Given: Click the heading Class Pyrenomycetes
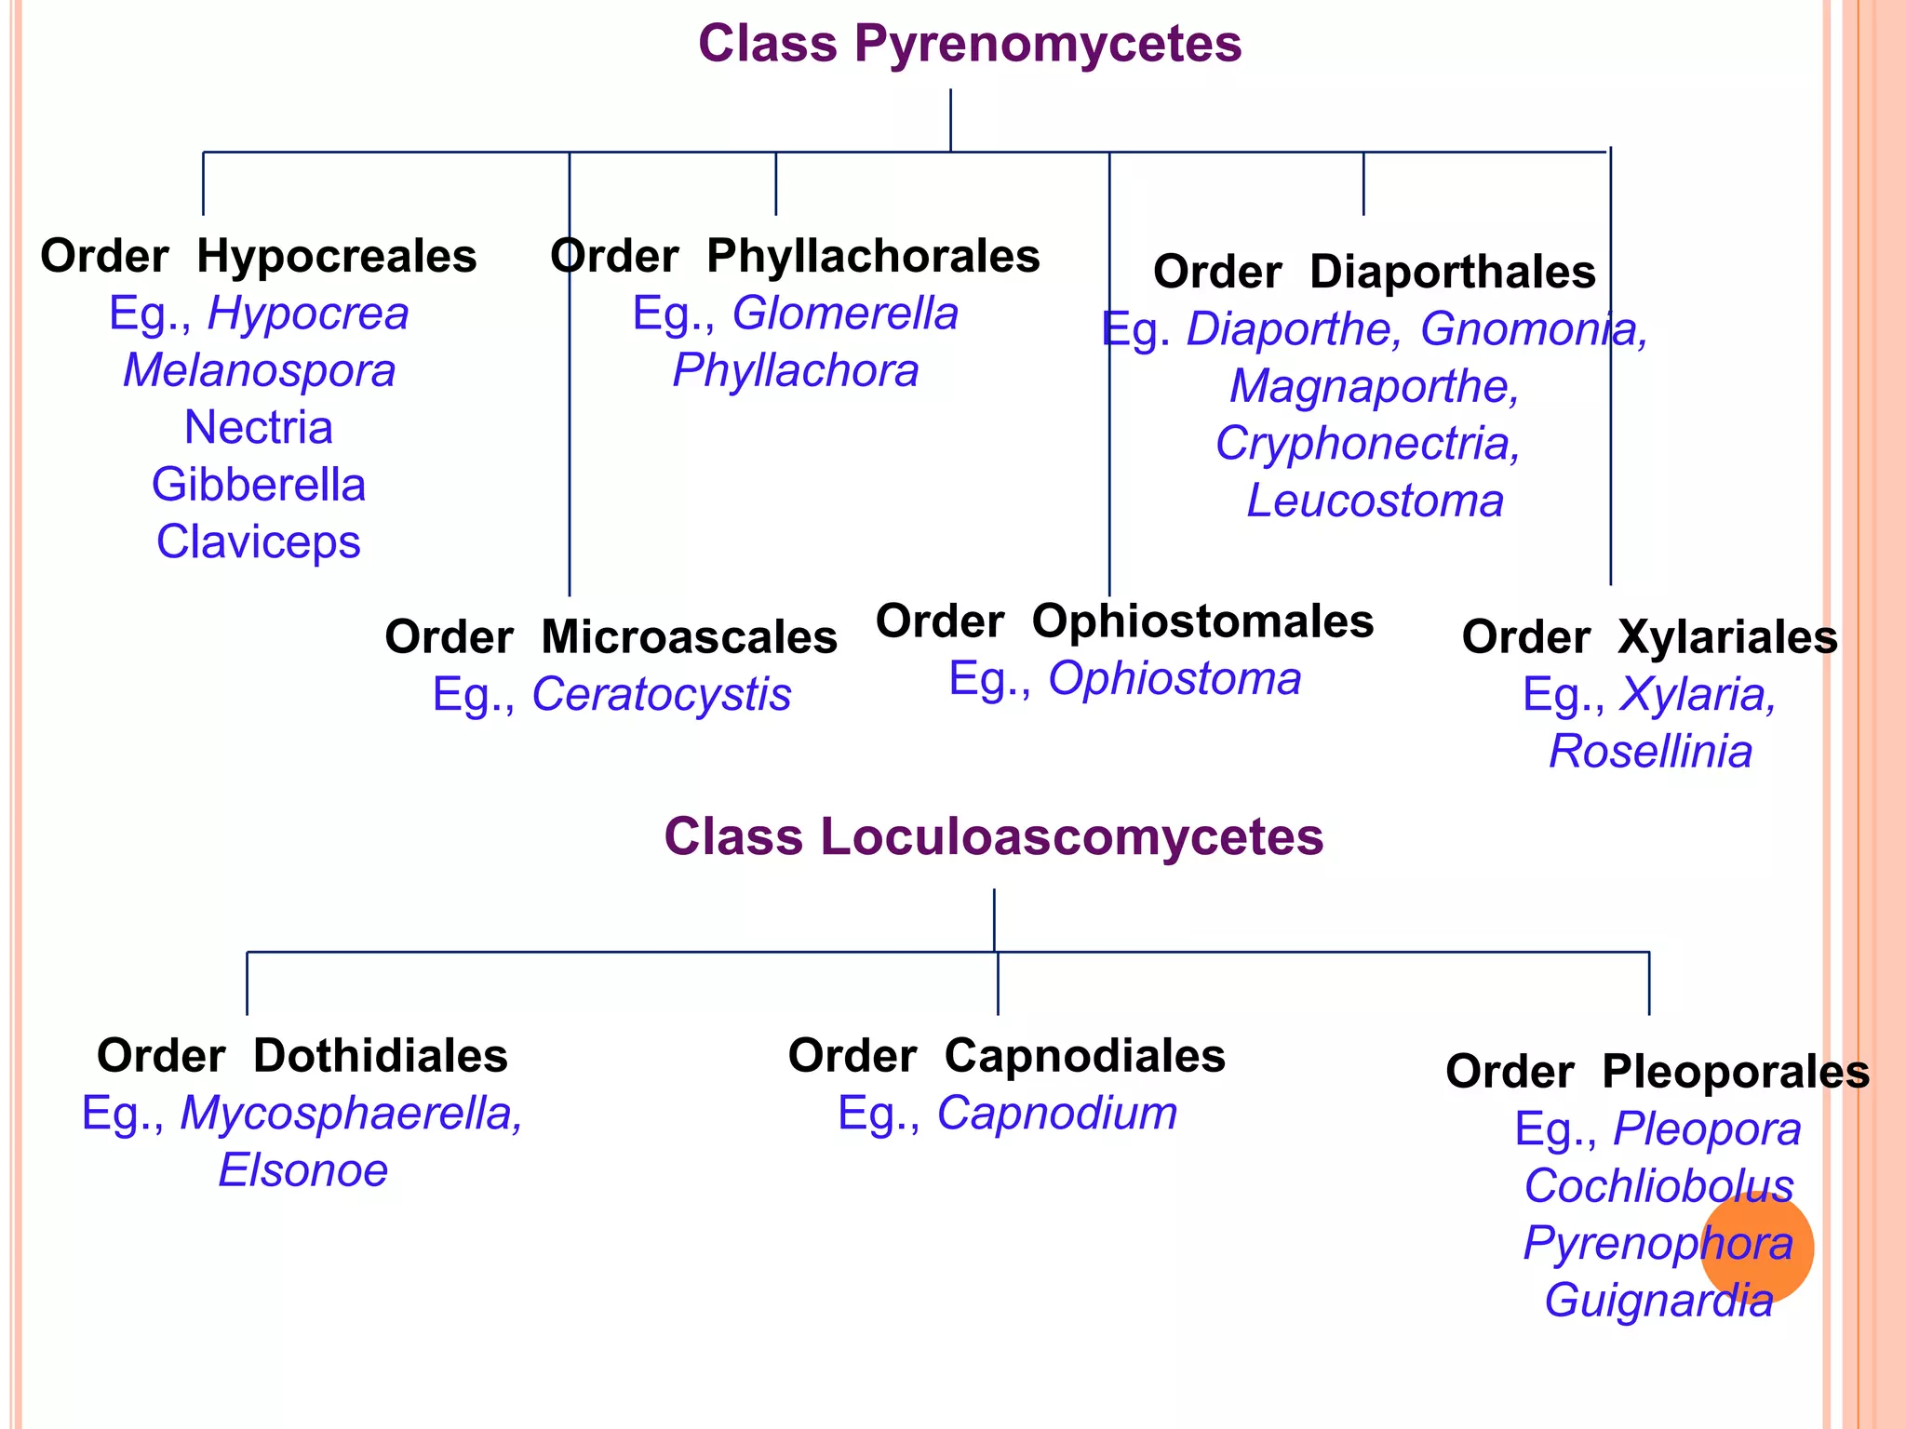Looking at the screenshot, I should [970, 44].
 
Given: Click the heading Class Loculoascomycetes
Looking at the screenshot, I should [993, 836].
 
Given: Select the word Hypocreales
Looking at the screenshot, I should [336, 256].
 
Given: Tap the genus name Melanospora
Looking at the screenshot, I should [260, 370].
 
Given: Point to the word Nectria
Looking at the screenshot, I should [259, 428].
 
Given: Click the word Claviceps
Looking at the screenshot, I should [259, 541].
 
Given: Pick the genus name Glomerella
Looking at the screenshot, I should [845, 314].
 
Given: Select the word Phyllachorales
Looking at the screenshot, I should [873, 256].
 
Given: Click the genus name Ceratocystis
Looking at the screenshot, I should [661, 694].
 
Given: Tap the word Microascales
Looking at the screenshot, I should [689, 637].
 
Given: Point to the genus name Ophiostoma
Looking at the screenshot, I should [1174, 678].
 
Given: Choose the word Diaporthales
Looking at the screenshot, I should [1452, 273].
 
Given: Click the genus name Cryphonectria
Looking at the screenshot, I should [1368, 443].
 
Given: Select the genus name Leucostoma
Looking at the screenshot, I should [1375, 501].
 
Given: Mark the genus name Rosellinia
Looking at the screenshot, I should [1650, 752].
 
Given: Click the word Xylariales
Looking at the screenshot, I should [1727, 637].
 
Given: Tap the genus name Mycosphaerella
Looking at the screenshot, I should [352, 1113].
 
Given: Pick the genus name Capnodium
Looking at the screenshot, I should [1056, 1113].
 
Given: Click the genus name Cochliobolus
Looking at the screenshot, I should [1658, 1186].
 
